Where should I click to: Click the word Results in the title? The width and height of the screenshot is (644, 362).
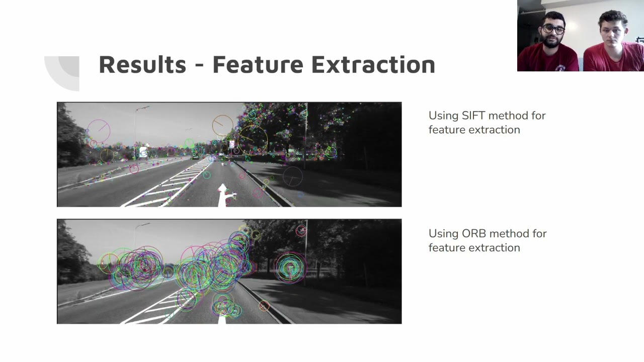coord(142,65)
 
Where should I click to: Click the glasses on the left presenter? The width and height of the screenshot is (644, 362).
coord(553,29)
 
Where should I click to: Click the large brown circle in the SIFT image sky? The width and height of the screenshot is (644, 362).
coord(222,125)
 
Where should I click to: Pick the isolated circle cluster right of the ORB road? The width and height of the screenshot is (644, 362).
coord(290,268)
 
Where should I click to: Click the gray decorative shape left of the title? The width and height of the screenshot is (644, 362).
coord(63,73)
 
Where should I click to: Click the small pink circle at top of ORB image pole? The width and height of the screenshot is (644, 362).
coord(301,231)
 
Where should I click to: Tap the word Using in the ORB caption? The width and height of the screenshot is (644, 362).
coord(443,234)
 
